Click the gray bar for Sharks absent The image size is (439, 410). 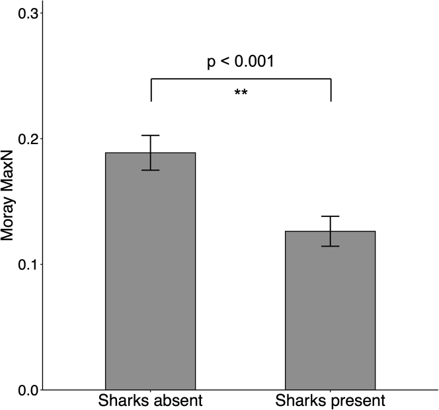[151, 278]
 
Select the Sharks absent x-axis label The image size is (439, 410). [151, 401]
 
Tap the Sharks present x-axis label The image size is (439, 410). [330, 401]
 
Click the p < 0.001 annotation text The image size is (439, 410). [241, 62]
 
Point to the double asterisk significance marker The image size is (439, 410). [241, 93]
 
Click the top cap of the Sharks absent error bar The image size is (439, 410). [151, 136]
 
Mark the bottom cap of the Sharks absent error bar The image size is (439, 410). [151, 170]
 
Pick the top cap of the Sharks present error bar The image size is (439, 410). [330, 216]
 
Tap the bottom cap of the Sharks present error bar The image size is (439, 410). [330, 246]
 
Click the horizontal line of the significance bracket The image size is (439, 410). [241, 79]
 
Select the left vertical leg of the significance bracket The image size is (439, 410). [151, 91]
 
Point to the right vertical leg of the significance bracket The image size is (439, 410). [331, 91]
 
